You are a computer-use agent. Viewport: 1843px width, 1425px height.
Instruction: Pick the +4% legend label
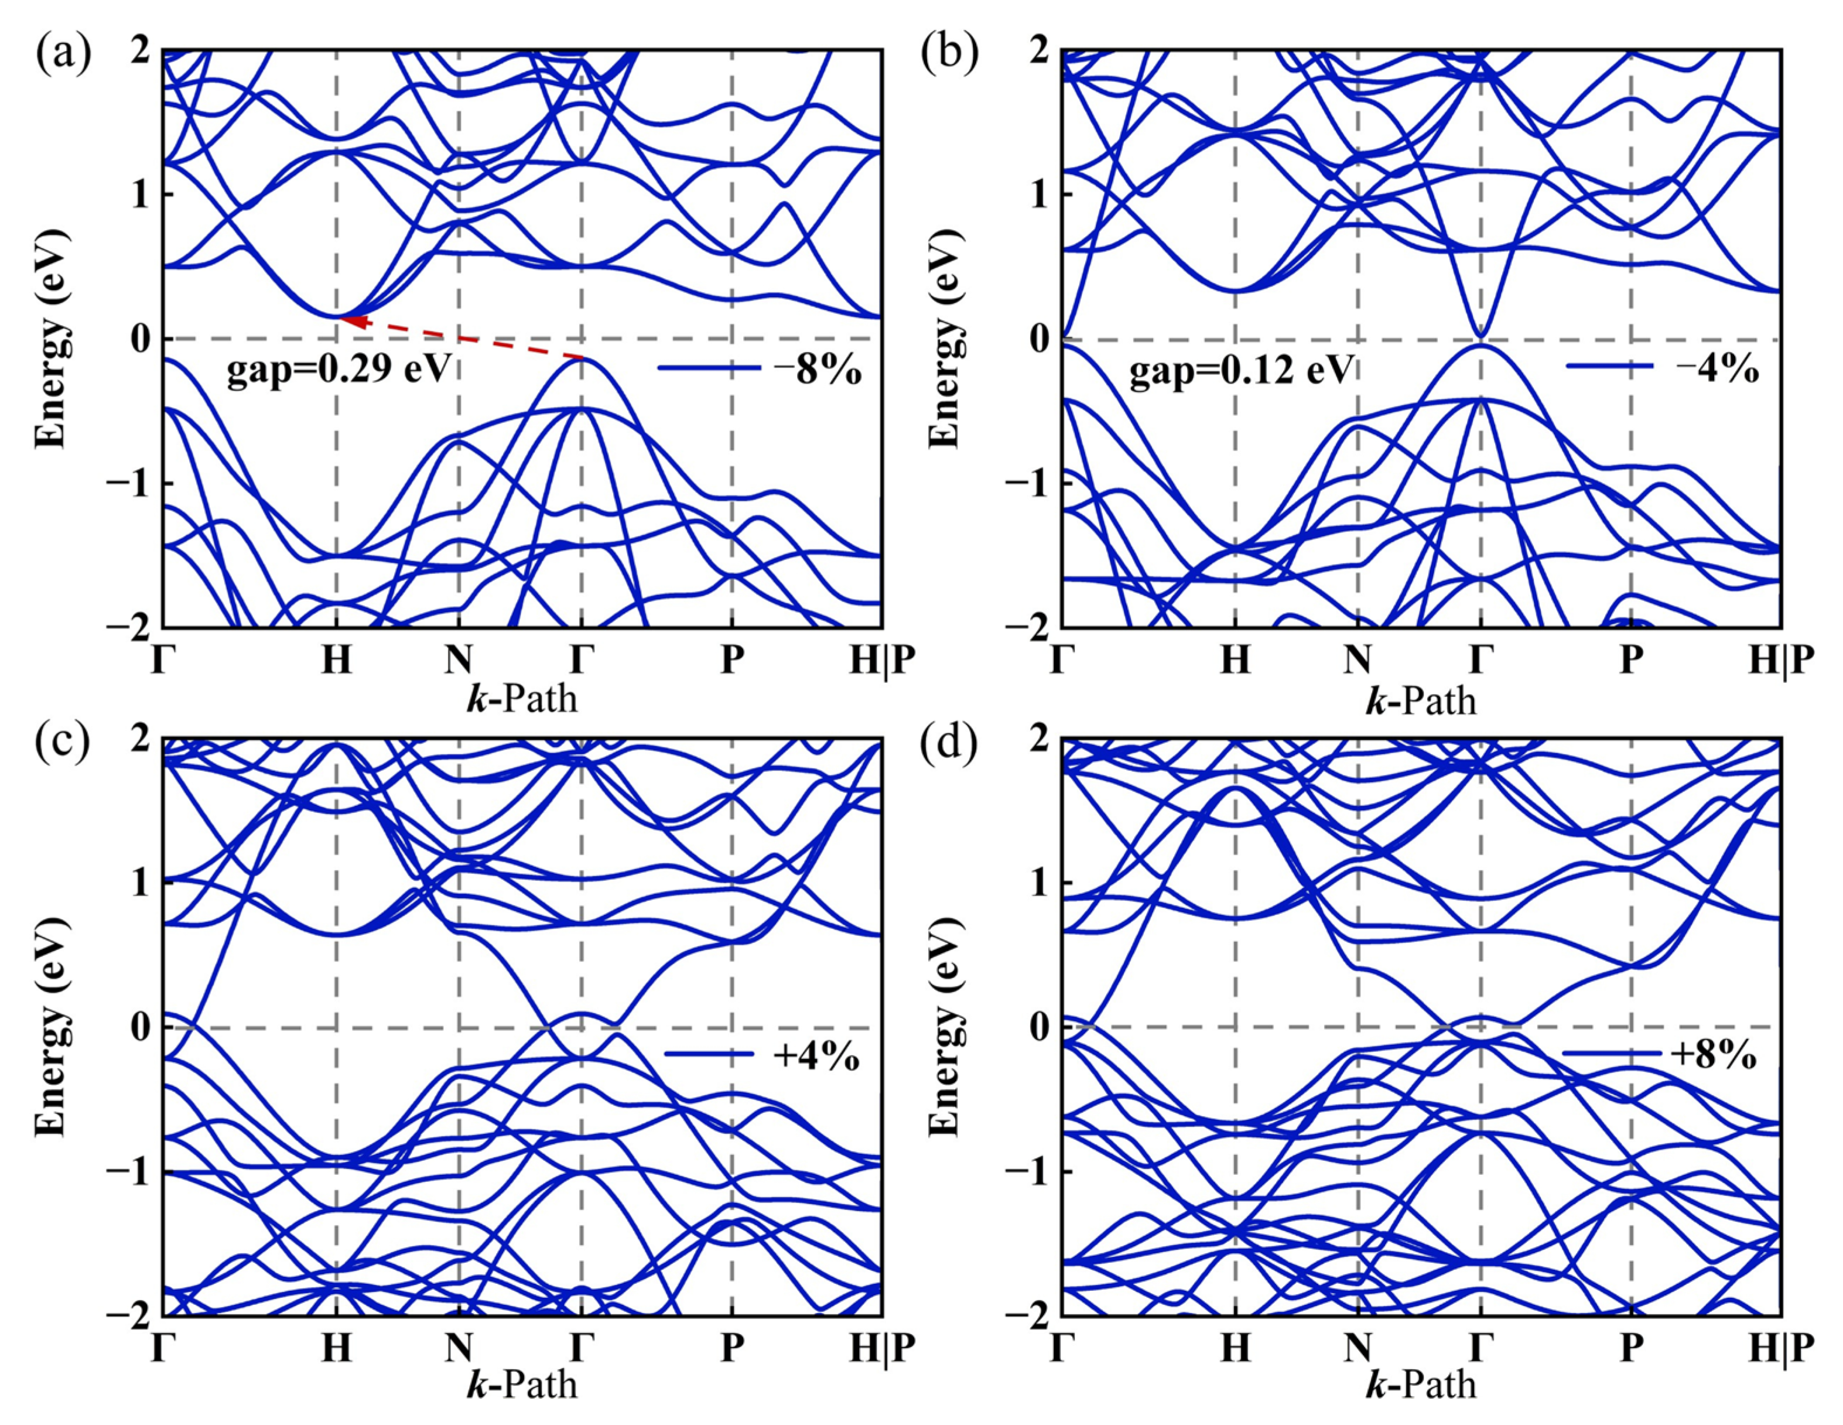(x=815, y=1058)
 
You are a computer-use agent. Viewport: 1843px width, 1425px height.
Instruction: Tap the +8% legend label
(x=1717, y=1058)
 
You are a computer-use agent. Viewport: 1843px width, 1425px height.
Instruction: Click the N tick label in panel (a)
(x=458, y=660)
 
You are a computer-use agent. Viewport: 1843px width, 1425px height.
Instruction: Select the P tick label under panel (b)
(x=1631, y=660)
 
